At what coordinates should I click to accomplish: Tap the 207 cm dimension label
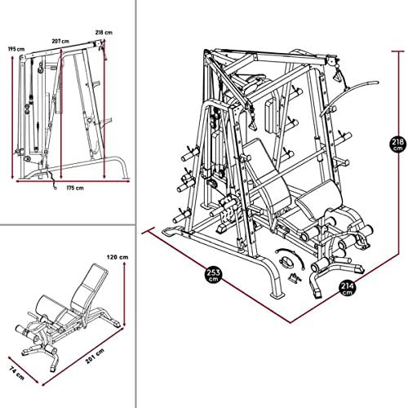[x=59, y=40]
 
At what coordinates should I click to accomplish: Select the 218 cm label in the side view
[x=104, y=33]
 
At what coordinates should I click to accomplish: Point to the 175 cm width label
[x=74, y=188]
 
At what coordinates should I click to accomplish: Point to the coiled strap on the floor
[x=290, y=259]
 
